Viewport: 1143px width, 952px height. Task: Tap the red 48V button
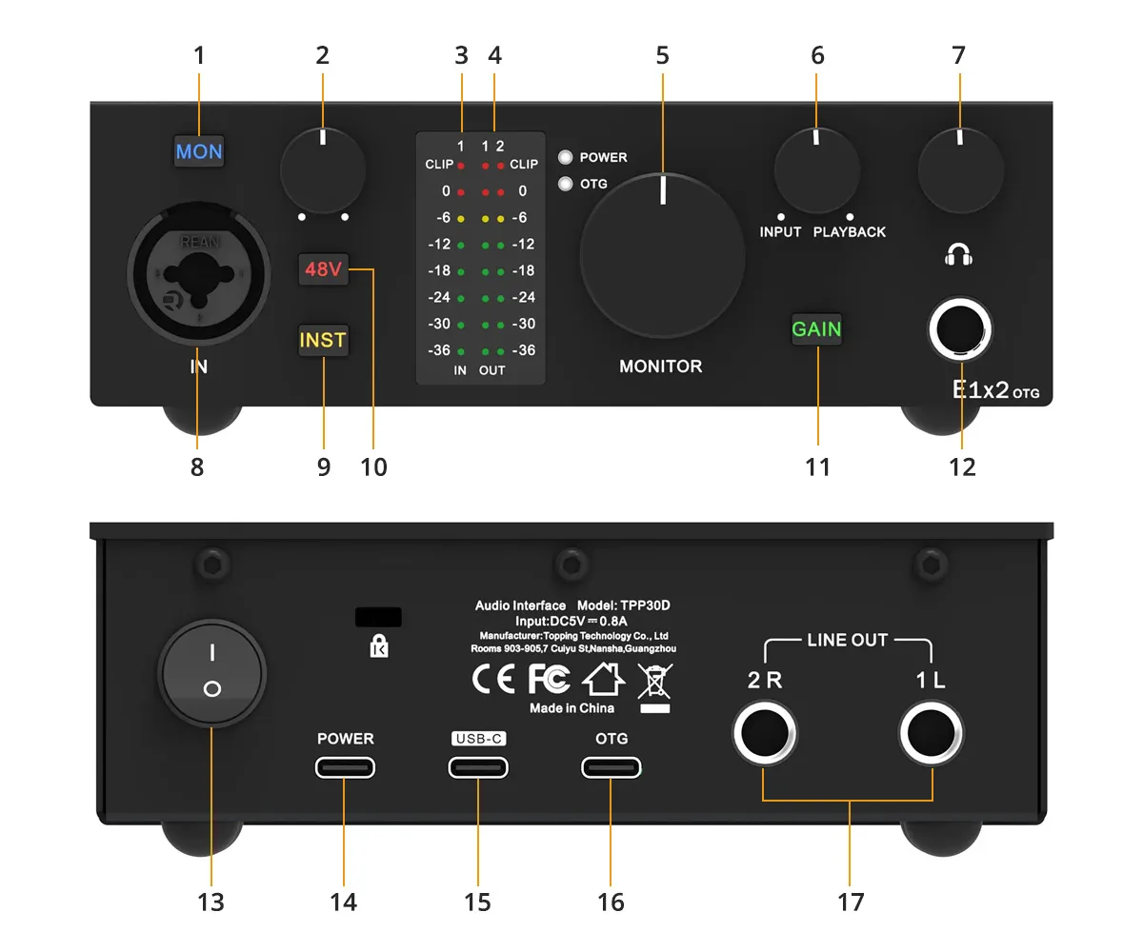(x=323, y=269)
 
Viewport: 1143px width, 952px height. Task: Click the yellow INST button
(x=323, y=340)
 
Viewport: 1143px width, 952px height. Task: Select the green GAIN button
(x=816, y=328)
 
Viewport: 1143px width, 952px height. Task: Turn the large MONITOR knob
(x=662, y=255)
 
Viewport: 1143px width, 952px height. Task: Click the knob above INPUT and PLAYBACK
(x=816, y=170)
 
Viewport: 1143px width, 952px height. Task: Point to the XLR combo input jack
(x=199, y=273)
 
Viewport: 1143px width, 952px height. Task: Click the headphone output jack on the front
(x=960, y=329)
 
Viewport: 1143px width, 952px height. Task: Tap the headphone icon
(x=958, y=255)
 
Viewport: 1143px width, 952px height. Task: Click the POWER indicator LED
(x=565, y=158)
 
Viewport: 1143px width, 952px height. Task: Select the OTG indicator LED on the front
(x=565, y=184)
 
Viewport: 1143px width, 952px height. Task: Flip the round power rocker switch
(x=212, y=673)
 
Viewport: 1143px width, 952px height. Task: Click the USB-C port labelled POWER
(x=345, y=767)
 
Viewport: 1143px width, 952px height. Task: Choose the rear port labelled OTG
(x=611, y=767)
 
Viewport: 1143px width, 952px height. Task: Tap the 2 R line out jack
(x=765, y=733)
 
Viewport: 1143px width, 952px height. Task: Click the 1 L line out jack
(x=932, y=733)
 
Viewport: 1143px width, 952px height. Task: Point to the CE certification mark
(x=493, y=679)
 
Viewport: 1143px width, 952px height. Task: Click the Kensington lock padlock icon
(x=379, y=646)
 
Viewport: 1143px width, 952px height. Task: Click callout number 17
(x=851, y=902)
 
